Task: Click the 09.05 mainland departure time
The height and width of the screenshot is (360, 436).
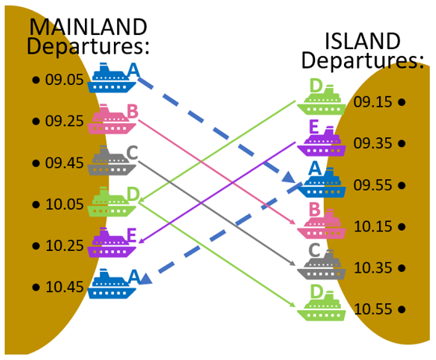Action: (65, 79)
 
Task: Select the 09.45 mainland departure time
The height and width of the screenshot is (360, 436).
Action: (65, 163)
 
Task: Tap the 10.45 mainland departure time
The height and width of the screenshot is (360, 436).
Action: (65, 287)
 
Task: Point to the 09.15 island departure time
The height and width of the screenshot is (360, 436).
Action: (373, 102)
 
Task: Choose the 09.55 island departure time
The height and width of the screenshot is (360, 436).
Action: (373, 185)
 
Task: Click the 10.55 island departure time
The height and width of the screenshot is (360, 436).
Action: (373, 309)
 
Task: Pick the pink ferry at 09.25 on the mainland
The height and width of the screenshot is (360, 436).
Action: (112, 119)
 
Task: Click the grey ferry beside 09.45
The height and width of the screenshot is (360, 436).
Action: (112, 161)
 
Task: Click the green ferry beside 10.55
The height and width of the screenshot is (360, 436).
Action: (321, 306)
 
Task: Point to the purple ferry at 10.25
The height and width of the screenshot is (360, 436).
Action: (112, 242)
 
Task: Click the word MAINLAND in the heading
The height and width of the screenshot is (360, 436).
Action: (88, 27)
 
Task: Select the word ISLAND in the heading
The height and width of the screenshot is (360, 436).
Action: (363, 41)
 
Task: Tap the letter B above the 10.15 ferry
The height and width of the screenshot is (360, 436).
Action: (315, 210)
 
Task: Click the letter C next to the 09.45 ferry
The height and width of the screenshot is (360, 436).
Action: (132, 153)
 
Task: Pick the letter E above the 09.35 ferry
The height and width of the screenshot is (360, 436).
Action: (314, 127)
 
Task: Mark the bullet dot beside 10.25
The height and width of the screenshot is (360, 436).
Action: (36, 245)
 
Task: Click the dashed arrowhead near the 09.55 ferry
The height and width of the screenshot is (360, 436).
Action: (289, 178)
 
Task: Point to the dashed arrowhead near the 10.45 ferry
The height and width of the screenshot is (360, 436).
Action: (145, 279)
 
